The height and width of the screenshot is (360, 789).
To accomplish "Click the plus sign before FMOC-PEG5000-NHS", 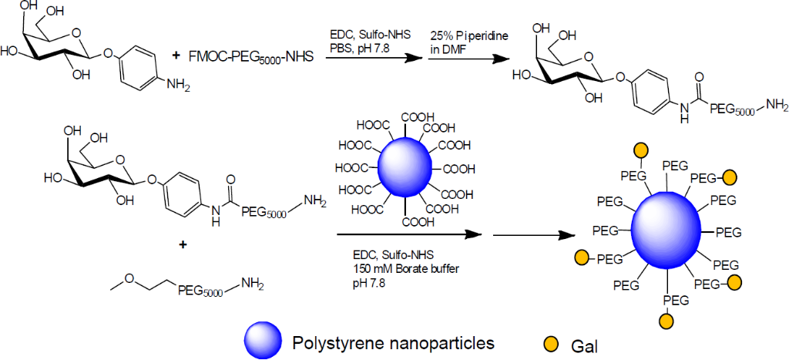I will pos(176,56).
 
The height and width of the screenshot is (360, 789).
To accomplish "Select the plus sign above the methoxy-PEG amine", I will pos(183,245).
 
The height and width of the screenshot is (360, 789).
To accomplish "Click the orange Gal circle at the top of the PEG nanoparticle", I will pos(640,150).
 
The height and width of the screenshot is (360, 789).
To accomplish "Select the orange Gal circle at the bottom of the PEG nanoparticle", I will pos(665,318).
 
